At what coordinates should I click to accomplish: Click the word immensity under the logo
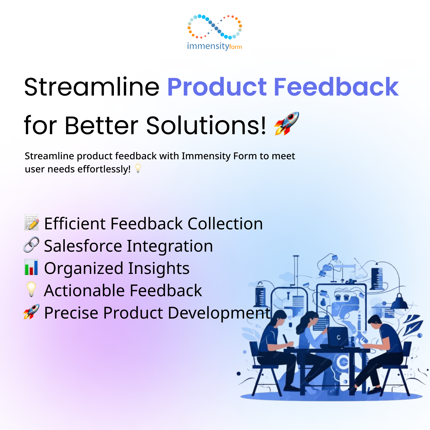(x=208, y=46)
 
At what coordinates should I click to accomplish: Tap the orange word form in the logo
(x=236, y=47)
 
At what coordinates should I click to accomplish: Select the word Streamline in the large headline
(x=92, y=87)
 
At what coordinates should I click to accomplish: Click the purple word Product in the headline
(x=217, y=87)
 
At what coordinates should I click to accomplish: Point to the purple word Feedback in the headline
(x=336, y=87)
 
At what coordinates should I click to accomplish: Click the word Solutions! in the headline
(x=206, y=125)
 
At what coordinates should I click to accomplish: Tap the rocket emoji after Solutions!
(x=287, y=124)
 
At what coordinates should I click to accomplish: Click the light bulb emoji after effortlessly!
(x=138, y=168)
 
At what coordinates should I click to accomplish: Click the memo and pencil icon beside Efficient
(x=32, y=222)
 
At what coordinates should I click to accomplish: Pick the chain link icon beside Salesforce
(x=31, y=244)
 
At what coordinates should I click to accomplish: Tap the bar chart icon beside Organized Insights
(x=31, y=267)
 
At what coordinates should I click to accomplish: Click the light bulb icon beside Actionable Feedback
(x=31, y=289)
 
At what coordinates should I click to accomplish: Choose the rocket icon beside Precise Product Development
(x=31, y=312)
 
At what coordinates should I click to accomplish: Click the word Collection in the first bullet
(x=225, y=223)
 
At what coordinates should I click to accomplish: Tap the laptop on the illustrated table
(x=337, y=337)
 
